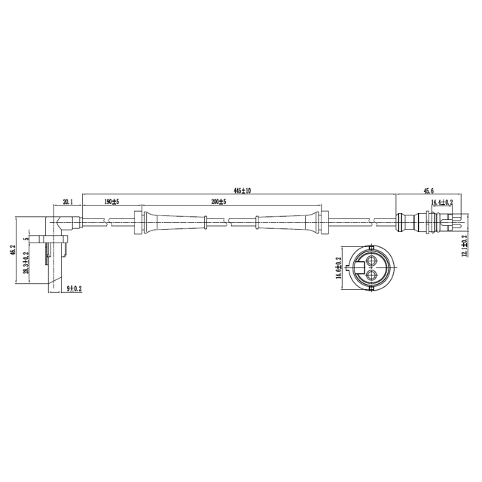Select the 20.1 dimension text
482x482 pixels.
pyautogui.click(x=68, y=202)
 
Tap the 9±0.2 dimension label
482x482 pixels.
pyautogui.click(x=75, y=288)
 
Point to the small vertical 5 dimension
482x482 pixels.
pyautogui.click(x=26, y=239)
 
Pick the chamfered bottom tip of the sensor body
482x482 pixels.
pyautogui.click(x=54, y=285)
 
